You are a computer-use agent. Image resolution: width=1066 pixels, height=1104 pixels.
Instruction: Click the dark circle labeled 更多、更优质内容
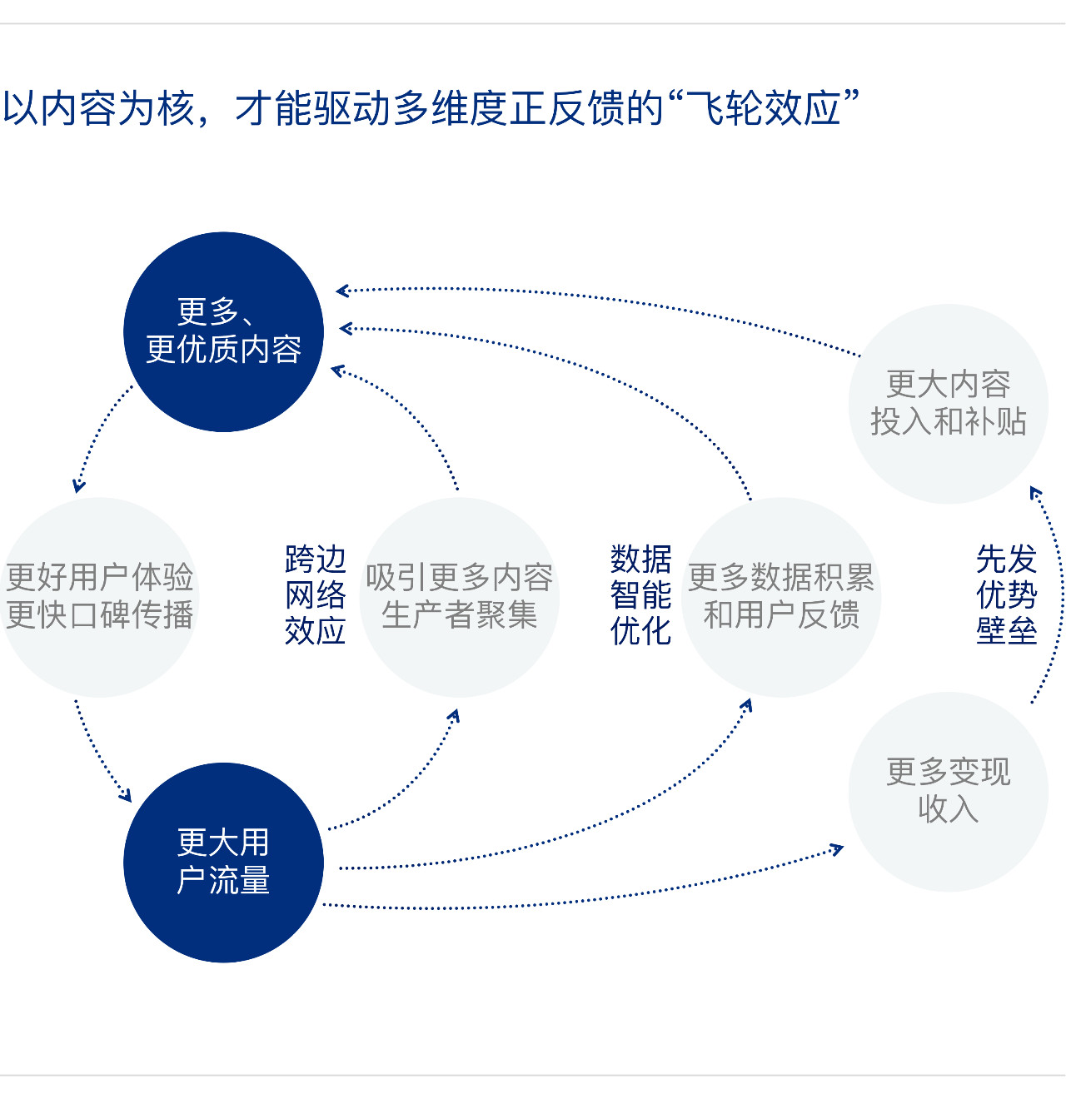pos(223,331)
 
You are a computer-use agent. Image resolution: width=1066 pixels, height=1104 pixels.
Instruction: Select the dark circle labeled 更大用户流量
pos(223,863)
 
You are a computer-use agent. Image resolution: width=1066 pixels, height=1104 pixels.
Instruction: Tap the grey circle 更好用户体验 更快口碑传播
pos(100,597)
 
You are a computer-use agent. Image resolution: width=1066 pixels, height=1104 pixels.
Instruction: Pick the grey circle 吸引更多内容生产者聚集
pos(459,597)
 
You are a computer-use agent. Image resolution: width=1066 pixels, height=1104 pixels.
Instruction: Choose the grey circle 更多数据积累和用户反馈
pos(781,597)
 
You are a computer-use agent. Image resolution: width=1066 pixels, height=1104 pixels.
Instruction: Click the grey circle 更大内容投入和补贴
pos(948,404)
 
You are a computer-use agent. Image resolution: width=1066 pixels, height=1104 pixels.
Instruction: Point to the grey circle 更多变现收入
pos(948,791)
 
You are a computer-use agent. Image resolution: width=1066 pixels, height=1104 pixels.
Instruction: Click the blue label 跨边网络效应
pos(315,595)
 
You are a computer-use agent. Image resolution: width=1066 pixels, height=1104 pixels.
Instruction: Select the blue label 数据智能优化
pos(640,595)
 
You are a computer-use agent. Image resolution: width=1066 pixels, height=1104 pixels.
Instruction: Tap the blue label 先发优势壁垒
pos(1006,595)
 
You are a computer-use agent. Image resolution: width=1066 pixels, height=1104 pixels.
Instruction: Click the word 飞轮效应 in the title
pos(764,109)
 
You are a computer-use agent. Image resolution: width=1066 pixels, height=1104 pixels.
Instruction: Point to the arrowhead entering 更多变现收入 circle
pos(837,850)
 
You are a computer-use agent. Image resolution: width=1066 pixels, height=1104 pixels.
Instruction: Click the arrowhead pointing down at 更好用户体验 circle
pos(79,485)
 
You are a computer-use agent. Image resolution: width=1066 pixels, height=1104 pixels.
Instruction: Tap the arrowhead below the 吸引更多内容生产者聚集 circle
pos(454,715)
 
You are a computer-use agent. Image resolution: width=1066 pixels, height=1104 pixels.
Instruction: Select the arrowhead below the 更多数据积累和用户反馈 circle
pos(747,706)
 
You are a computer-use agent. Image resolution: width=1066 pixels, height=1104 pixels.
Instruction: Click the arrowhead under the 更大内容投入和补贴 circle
pos(1035,493)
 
